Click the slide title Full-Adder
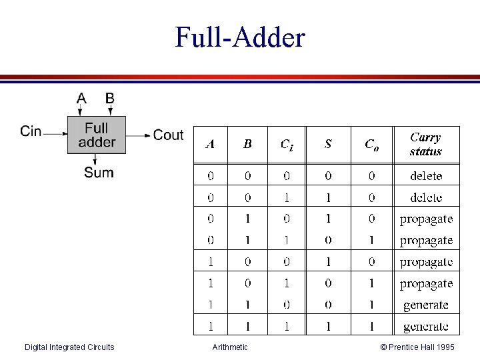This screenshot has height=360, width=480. pos(239,38)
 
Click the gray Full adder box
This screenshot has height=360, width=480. pos(97,135)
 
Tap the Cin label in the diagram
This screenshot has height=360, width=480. pos(31,131)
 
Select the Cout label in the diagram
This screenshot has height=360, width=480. pos(168,135)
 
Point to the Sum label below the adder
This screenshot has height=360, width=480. pos(99,173)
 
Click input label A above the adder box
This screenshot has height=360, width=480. pos(81,99)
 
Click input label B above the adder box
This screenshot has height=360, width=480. pos(109,99)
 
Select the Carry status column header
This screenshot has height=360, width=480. pos(426,144)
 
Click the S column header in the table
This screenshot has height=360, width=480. pos(328,144)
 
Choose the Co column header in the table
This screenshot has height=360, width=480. pos(371,145)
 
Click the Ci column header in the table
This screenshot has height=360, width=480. pos(286,145)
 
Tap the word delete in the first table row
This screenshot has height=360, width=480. pos(426,176)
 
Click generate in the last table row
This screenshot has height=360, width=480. pos(426,327)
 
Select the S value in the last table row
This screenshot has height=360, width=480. pos(328,327)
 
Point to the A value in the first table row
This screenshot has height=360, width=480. pos(211,176)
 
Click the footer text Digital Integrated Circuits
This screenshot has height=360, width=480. pos(69,347)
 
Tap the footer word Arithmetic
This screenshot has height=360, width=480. pos(230,347)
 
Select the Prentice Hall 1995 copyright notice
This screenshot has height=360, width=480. pos(417,347)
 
